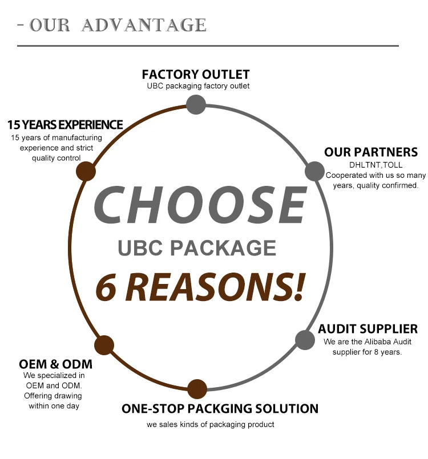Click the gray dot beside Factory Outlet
point(196,104)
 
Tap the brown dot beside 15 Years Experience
point(86,171)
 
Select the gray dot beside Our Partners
point(314,171)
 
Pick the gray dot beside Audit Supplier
point(305,340)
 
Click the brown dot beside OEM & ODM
point(104,345)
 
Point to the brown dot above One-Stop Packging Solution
point(197,389)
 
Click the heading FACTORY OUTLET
point(196,75)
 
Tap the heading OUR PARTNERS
point(371,152)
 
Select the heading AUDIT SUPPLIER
point(368,329)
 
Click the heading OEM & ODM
point(55,364)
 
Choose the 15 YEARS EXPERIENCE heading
point(65,124)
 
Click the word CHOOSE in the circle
point(200,205)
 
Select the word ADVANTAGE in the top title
point(144,25)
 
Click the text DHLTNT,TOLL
point(372,165)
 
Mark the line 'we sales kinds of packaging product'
point(210,425)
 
